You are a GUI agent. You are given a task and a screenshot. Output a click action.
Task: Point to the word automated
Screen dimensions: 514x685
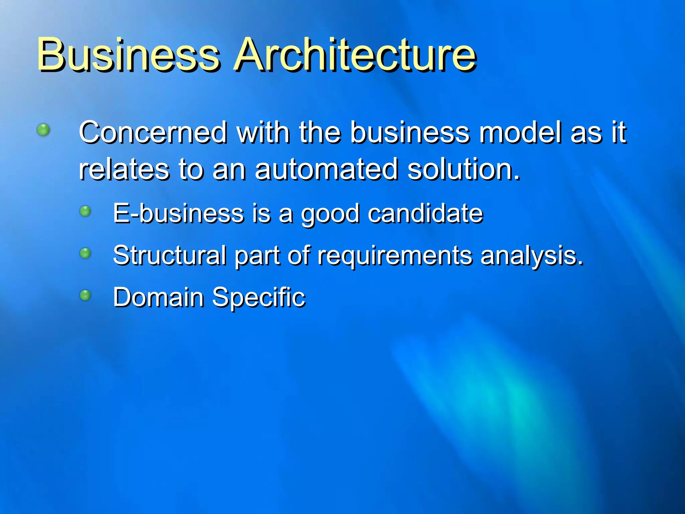[326, 169]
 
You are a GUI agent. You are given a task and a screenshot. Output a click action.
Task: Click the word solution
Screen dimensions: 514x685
[464, 169]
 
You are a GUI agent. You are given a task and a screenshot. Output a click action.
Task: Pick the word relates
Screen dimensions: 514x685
[124, 169]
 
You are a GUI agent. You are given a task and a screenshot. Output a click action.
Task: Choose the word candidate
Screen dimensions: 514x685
[425, 213]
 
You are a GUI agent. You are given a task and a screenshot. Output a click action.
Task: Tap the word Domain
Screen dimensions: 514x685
[158, 297]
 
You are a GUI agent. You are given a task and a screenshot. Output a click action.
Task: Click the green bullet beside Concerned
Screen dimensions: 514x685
[43, 130]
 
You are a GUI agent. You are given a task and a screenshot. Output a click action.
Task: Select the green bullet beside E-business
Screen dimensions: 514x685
[85, 211]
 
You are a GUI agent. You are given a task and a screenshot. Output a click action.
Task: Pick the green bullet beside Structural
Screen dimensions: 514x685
[85, 253]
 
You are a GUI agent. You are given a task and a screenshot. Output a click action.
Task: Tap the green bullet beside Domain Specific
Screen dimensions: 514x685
[85, 295]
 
